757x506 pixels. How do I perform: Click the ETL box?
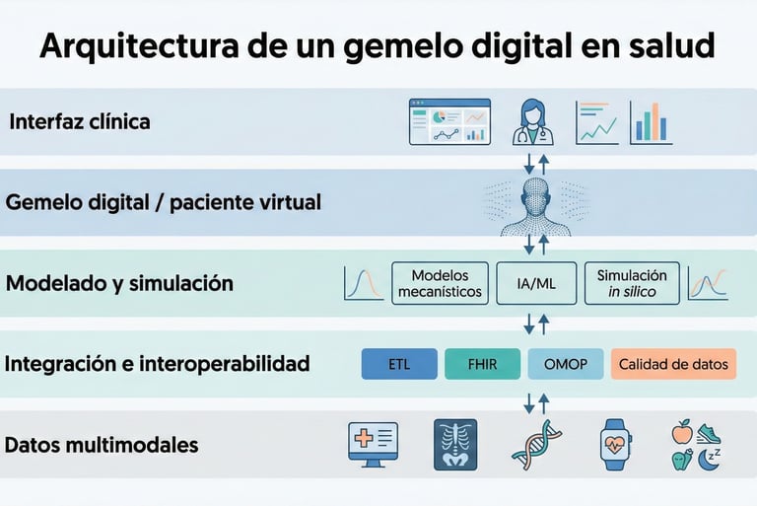click(399, 364)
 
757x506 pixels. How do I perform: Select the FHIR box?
click(482, 364)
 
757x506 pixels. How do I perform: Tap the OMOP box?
click(565, 364)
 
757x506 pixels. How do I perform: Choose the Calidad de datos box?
click(673, 364)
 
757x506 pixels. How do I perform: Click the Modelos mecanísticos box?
click(440, 283)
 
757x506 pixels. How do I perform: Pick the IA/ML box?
click(536, 283)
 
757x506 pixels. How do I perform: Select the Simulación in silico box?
click(632, 283)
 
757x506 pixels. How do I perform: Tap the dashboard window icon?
click(449, 122)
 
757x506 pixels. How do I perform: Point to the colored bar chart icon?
click(651, 122)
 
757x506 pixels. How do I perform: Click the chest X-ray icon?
click(455, 444)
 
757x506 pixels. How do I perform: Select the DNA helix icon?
click(536, 444)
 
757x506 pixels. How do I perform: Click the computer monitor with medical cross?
click(373, 444)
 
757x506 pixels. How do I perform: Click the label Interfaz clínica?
click(80, 123)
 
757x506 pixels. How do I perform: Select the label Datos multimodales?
click(102, 445)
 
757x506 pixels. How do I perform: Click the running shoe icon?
click(709, 432)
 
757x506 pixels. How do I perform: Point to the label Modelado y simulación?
click(119, 284)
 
